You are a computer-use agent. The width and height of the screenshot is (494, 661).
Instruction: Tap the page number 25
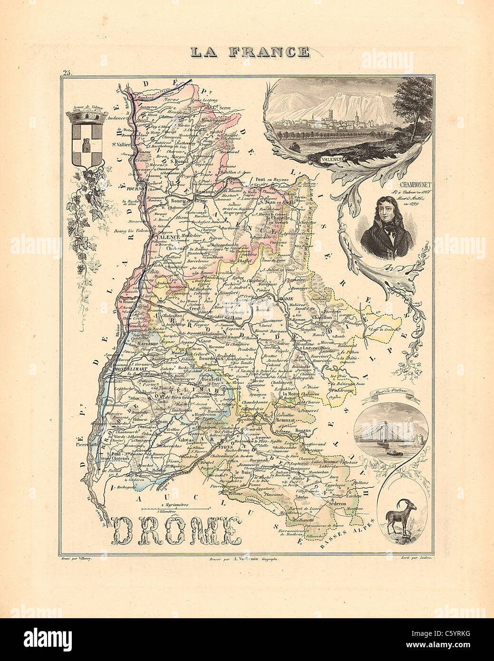[66, 73]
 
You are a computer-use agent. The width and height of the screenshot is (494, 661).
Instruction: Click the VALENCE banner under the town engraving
[331, 159]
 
